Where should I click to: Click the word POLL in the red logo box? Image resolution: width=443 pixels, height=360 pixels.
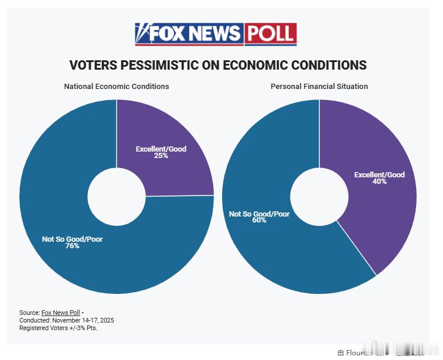tap(270, 33)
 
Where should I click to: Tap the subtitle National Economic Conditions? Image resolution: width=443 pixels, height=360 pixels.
tap(117, 87)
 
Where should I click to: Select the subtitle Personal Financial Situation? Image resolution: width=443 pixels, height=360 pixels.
tap(319, 87)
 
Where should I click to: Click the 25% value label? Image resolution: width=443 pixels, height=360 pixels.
tap(161, 156)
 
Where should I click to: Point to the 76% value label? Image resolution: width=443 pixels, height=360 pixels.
tap(73, 246)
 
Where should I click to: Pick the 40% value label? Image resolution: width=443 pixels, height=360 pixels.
tap(379, 181)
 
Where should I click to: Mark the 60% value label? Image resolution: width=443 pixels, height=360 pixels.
tap(259, 221)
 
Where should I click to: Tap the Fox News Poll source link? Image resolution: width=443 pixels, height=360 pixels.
tap(60, 313)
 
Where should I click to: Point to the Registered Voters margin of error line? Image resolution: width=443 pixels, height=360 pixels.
tap(58, 328)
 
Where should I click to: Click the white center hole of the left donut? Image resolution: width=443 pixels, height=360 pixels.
tap(117, 197)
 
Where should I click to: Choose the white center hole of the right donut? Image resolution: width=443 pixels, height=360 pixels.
tap(319, 197)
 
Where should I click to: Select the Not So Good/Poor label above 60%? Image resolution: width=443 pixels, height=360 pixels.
tap(259, 214)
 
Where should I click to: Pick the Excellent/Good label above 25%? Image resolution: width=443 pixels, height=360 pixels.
tap(161, 149)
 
